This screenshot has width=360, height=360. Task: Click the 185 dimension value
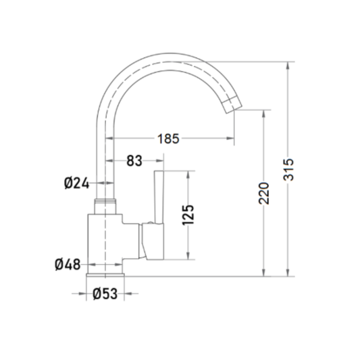point(168,138)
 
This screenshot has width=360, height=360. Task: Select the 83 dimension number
point(134,161)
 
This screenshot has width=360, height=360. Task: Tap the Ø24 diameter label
point(76,183)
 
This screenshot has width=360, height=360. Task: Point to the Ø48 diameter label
point(68,264)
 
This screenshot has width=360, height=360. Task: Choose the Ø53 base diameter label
point(105,293)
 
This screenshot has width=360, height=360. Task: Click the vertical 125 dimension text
point(188,215)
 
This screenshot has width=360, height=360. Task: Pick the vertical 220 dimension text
point(263,193)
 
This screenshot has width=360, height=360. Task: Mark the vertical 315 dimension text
point(288,170)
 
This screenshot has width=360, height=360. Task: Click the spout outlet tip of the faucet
point(232,105)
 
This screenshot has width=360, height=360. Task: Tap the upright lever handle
point(159,197)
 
